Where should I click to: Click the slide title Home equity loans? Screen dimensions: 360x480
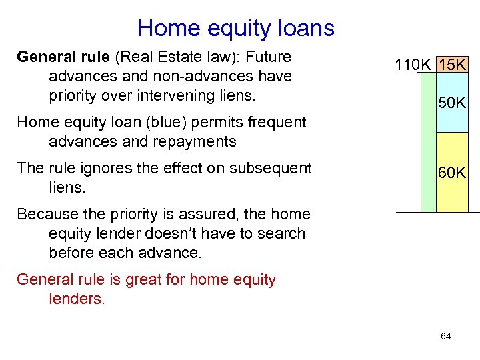coord(235,28)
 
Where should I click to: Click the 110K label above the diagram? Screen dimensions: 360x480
coord(413,65)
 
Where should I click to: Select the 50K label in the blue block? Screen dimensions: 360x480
coord(451,103)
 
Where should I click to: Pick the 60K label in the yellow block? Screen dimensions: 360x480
coord(451,173)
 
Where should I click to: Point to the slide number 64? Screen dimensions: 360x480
coord(445,336)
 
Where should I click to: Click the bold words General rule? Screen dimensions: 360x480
coord(58,57)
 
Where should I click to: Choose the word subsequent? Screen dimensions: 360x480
coord(271,168)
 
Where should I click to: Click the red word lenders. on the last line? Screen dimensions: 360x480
coord(77,299)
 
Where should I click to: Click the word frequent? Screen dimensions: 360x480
coord(274,122)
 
